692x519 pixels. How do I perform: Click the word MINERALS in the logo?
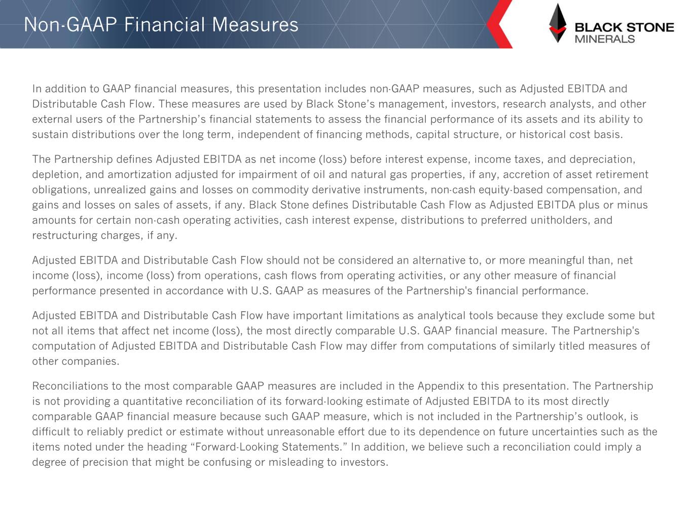tap(604, 39)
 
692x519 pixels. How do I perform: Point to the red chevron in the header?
tap(499, 24)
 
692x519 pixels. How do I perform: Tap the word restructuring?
tap(63, 235)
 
